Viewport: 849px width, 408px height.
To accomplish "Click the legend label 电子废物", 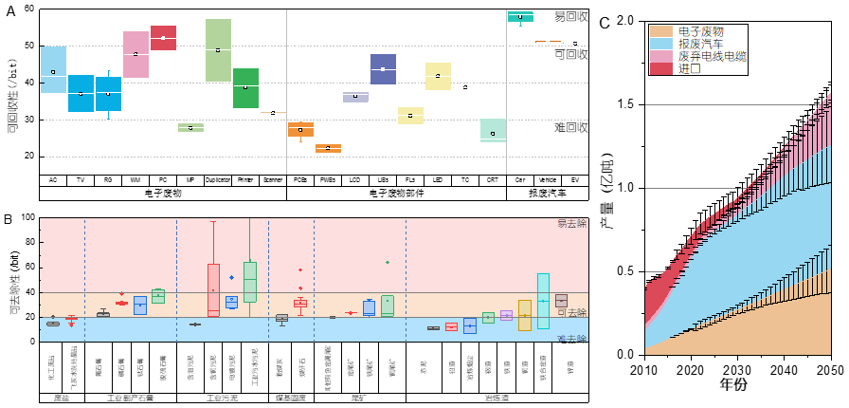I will pyautogui.click(x=701, y=31).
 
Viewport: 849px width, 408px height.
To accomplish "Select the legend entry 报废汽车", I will pyautogui.click(x=701, y=44).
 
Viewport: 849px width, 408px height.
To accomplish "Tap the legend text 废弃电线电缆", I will pyautogui.click(x=712, y=56).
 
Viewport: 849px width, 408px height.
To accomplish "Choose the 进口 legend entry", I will pyautogui.click(x=690, y=68).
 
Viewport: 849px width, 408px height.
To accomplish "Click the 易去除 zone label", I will pyautogui.click(x=571, y=224).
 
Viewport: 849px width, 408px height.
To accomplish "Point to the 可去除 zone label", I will pyautogui.click(x=571, y=312).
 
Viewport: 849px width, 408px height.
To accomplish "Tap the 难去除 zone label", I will pyautogui.click(x=571, y=338).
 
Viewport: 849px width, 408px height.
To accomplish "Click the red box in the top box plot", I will pyautogui.click(x=163, y=38).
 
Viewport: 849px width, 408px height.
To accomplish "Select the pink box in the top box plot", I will pyautogui.click(x=135, y=54).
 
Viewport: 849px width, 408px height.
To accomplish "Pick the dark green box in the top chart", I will pyautogui.click(x=245, y=87).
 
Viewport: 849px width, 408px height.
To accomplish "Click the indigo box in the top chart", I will pyautogui.click(x=383, y=69).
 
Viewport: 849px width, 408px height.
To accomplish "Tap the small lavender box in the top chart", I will pyautogui.click(x=355, y=97).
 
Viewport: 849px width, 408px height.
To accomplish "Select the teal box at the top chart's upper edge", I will pyautogui.click(x=520, y=17).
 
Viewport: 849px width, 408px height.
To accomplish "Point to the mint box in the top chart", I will pyautogui.click(x=493, y=130).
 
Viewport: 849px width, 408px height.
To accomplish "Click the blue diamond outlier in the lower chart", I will pyautogui.click(x=231, y=278).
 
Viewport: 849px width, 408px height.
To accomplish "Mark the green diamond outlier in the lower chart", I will pyautogui.click(x=388, y=262).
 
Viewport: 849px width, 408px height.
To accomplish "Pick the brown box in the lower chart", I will pyautogui.click(x=561, y=301).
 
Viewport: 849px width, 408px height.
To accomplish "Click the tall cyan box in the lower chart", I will pyautogui.click(x=543, y=301).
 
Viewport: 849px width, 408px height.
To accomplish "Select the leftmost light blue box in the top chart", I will pyautogui.click(x=53, y=69).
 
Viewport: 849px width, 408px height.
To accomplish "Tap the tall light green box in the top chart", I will pyautogui.click(x=218, y=50).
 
